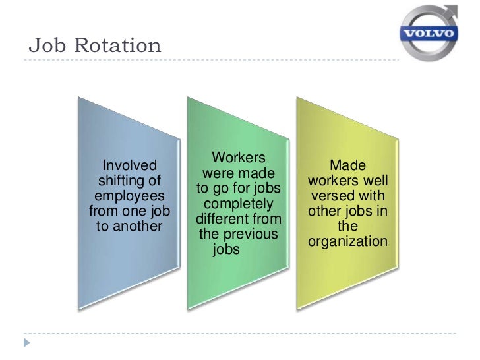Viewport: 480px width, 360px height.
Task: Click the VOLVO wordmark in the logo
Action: click(x=430, y=33)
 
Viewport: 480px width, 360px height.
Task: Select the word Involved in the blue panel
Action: click(x=130, y=165)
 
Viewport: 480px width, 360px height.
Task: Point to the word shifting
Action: click(x=130, y=180)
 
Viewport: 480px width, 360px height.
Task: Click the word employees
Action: click(x=130, y=196)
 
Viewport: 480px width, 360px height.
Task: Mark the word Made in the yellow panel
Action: click(x=347, y=165)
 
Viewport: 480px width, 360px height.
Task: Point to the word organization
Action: click(x=347, y=242)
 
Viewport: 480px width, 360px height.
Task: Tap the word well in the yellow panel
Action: click(x=373, y=181)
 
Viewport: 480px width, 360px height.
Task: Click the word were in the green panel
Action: click(x=217, y=174)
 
